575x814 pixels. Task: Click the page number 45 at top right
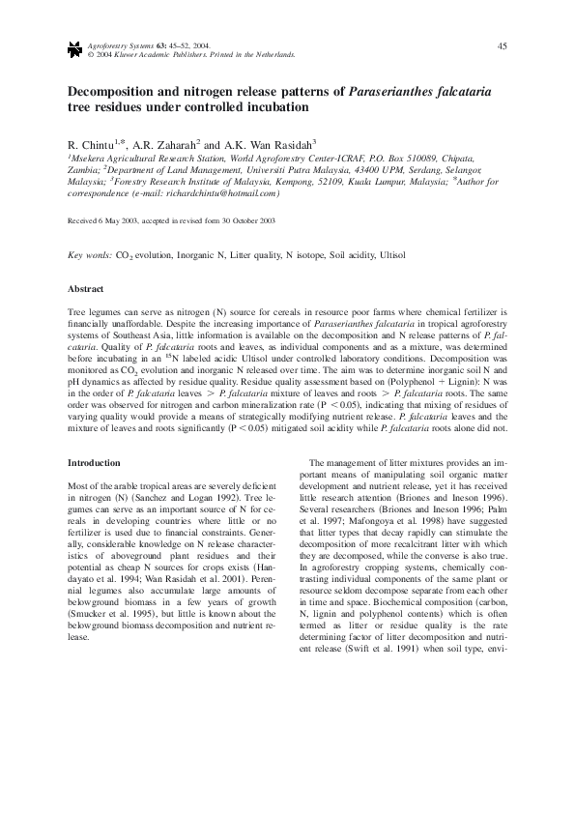[502, 45]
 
